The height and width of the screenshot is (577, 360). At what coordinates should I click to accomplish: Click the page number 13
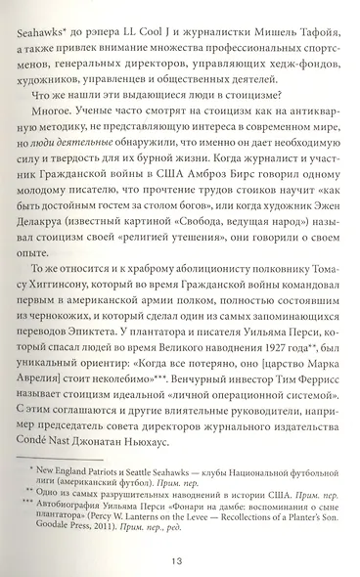[x=179, y=560]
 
